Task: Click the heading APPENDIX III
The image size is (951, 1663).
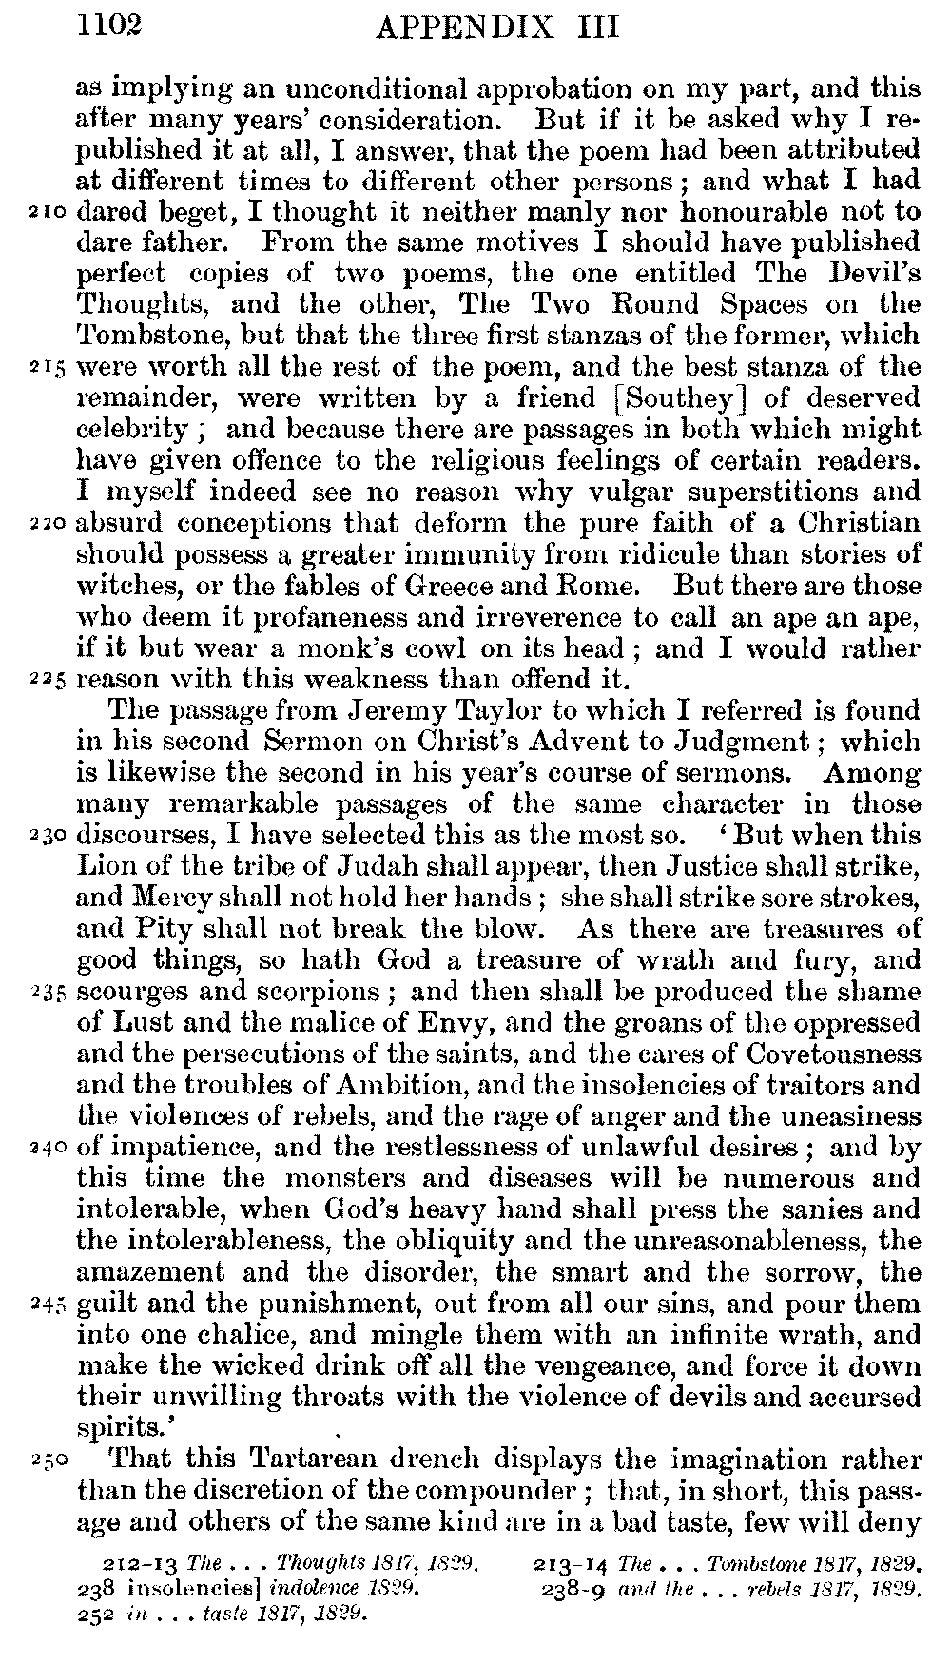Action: click(497, 28)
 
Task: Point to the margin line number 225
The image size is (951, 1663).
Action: click(45, 682)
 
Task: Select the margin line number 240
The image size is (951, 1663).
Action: click(45, 1149)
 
